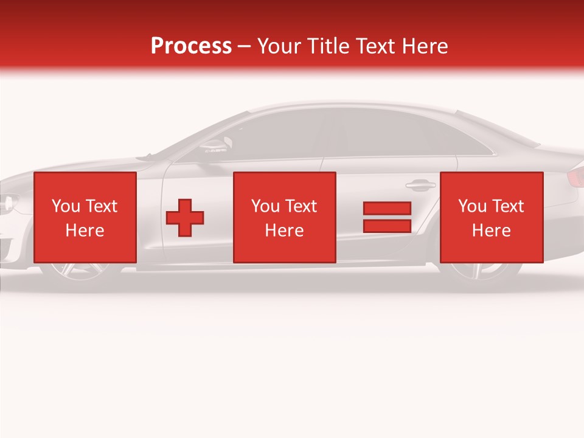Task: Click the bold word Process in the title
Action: [191, 46]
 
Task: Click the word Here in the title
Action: [424, 46]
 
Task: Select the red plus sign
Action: [185, 218]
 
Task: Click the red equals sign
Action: [387, 217]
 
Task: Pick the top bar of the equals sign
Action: [387, 209]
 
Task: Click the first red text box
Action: [85, 217]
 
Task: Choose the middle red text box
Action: [284, 217]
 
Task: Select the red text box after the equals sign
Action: [491, 217]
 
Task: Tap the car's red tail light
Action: [575, 177]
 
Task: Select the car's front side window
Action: [277, 137]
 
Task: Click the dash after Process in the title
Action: [245, 47]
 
